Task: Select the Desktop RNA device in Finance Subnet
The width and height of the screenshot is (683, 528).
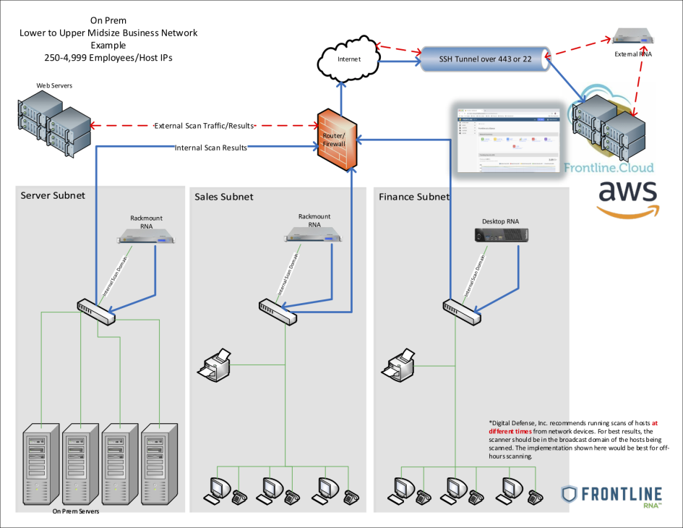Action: (x=499, y=234)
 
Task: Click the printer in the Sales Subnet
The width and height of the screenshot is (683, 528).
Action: (x=214, y=363)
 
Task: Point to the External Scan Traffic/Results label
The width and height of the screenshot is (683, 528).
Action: (x=205, y=126)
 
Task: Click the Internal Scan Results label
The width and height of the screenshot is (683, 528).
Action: (x=210, y=148)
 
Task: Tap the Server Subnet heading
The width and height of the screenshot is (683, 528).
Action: (x=53, y=195)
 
